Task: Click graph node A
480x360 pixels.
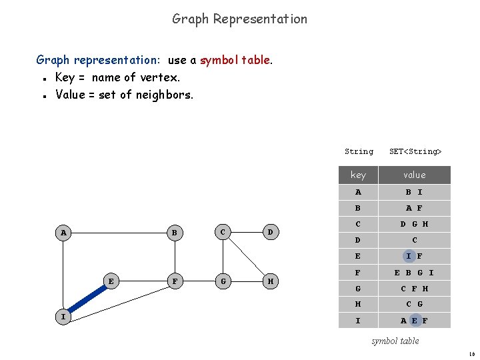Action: click(x=64, y=233)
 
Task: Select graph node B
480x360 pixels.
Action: click(x=174, y=233)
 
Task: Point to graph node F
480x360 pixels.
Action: click(x=174, y=281)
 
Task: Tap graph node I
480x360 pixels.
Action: click(x=64, y=317)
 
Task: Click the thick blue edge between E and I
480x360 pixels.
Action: click(x=87, y=299)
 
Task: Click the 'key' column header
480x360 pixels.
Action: click(x=358, y=175)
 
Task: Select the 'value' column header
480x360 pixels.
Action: click(x=414, y=175)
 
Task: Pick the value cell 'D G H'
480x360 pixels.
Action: click(x=414, y=224)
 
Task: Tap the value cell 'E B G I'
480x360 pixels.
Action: click(x=414, y=272)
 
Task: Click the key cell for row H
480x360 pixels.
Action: click(x=358, y=304)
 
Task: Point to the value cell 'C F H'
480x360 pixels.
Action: click(x=414, y=288)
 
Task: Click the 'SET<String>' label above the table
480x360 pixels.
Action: click(x=415, y=151)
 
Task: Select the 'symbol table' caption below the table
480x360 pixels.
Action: click(x=395, y=341)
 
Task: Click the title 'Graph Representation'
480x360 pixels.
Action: click(x=240, y=19)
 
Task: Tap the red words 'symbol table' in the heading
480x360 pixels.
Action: click(x=235, y=60)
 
